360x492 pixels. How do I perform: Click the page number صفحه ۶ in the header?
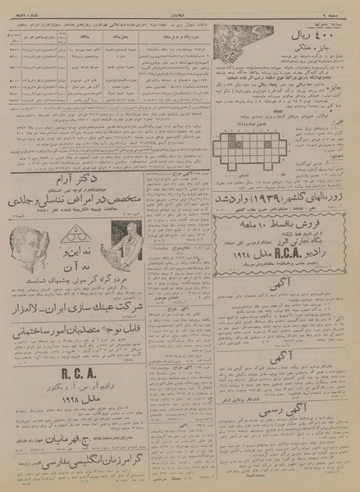(344, 8)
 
